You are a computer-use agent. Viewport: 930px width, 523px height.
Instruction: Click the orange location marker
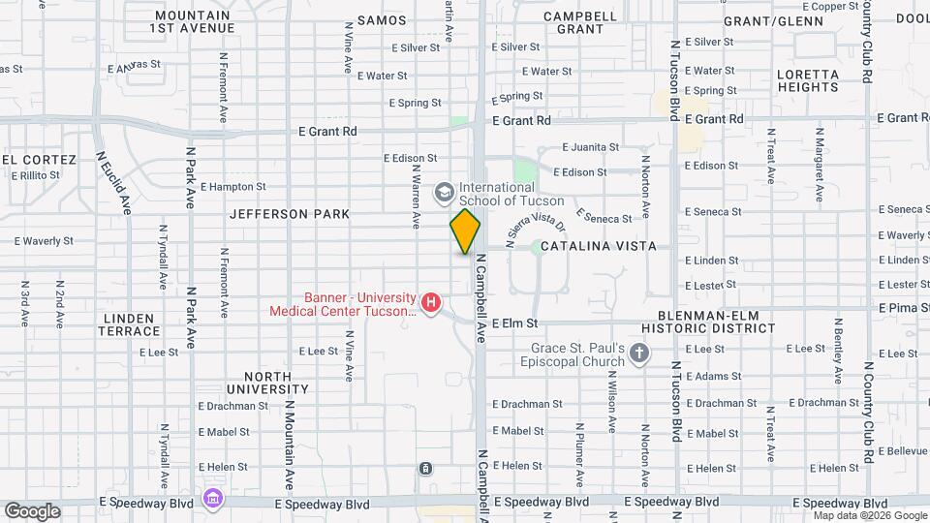466,231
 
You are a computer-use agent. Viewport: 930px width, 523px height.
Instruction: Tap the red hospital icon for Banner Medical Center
432,304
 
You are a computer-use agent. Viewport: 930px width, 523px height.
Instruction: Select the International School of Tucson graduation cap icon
445,193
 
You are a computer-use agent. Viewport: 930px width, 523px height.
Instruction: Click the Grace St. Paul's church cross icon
638,354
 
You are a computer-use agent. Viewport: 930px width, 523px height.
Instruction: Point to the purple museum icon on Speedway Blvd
212,498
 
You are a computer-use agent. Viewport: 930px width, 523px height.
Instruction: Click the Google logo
32,510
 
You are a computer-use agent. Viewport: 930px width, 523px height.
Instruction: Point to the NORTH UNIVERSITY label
254,383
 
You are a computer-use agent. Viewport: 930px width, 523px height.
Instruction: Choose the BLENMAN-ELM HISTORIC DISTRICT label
716,322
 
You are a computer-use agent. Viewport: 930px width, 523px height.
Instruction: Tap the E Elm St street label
514,323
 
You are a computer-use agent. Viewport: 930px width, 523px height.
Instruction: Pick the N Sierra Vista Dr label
521,231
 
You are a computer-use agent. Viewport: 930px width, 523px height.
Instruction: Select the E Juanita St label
590,147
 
